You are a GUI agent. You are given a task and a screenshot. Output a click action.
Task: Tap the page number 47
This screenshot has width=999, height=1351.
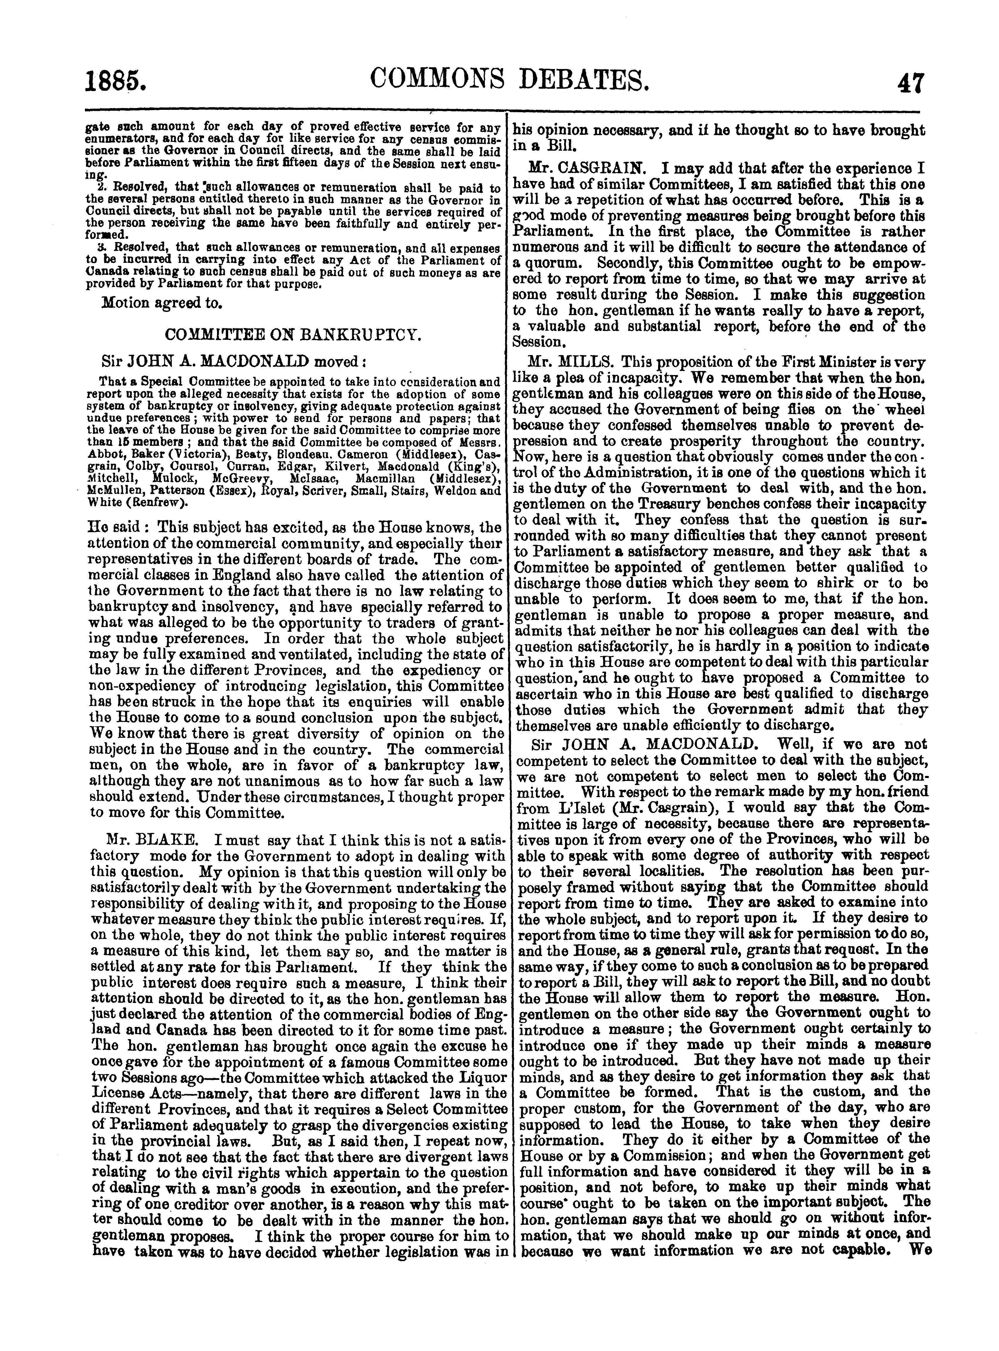click(x=906, y=81)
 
